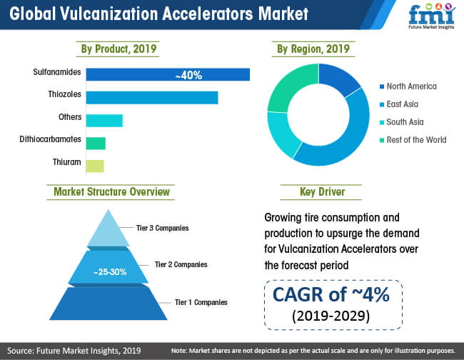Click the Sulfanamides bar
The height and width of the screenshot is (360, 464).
[x=168, y=74]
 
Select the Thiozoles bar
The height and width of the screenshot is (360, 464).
[x=152, y=98]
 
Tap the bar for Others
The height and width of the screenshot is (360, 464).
[x=104, y=121]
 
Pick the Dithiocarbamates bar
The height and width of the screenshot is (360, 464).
[x=96, y=144]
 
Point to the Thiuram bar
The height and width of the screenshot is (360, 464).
[x=95, y=166]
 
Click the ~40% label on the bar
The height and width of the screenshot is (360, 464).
[x=188, y=75]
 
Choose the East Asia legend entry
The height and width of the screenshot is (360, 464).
[x=399, y=104]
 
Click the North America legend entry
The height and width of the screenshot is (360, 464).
[x=408, y=86]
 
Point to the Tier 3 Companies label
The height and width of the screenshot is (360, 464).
[x=163, y=228]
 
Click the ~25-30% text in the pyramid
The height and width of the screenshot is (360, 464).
[x=110, y=271]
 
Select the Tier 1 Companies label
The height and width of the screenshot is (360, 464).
[x=201, y=302]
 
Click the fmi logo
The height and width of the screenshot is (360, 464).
[x=431, y=16]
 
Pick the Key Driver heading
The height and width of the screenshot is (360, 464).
[x=322, y=192]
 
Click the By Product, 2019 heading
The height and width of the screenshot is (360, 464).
[x=118, y=49]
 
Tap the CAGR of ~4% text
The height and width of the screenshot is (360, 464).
[x=331, y=294]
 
